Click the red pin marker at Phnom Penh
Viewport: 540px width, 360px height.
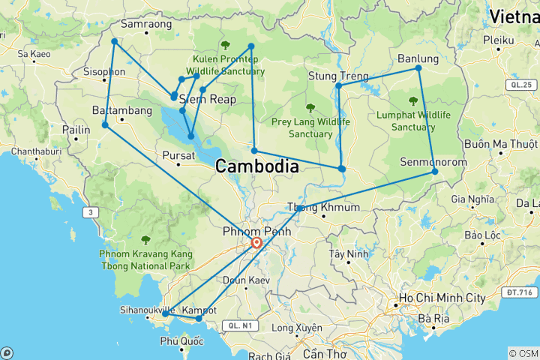[256, 243]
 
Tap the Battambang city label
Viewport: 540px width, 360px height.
[121, 110]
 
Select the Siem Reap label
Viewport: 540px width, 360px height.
[208, 99]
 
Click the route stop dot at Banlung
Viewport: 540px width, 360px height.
[418, 68]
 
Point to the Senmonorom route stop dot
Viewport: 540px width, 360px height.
[435, 172]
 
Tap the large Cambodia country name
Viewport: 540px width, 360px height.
[257, 167]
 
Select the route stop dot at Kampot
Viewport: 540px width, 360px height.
[199, 319]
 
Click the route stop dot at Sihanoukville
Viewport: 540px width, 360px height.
[166, 314]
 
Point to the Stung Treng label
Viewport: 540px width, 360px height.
[338, 76]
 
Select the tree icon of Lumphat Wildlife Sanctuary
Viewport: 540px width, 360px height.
[412, 100]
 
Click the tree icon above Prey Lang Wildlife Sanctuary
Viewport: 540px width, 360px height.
[310, 108]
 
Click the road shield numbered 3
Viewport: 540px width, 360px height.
[91, 213]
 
